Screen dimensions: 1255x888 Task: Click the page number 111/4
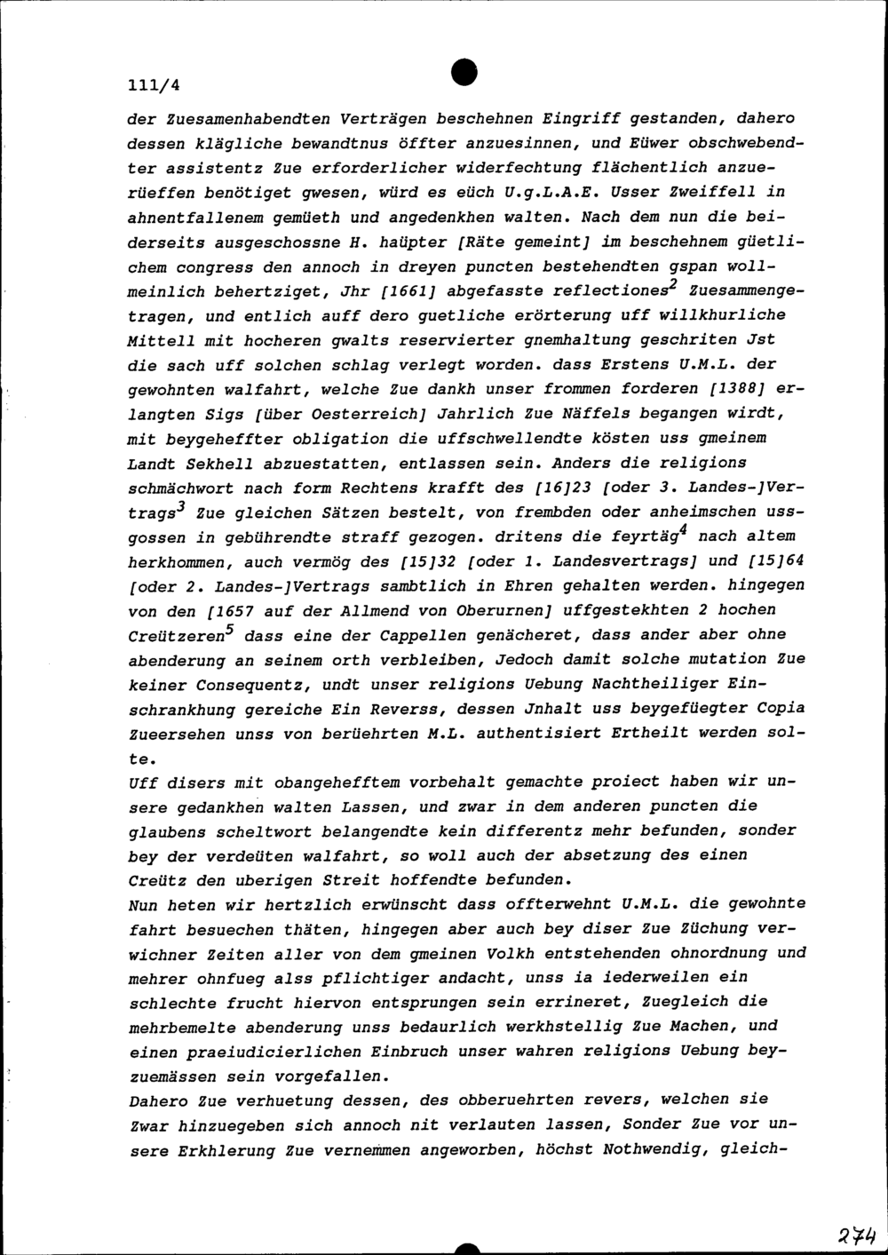click(154, 85)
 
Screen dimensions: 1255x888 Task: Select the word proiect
click(627, 782)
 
